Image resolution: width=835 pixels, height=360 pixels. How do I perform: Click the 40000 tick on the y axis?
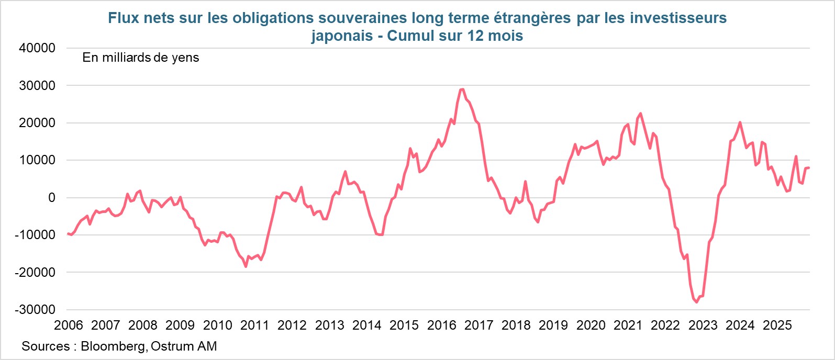click(37, 48)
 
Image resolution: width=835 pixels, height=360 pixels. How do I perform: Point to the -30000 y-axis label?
click(35, 310)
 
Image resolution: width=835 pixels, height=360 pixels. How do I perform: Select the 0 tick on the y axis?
click(51, 198)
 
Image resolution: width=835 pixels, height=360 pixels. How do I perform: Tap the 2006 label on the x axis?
click(69, 325)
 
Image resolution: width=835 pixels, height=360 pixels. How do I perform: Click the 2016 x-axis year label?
click(441, 325)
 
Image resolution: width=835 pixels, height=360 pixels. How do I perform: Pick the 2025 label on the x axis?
click(777, 325)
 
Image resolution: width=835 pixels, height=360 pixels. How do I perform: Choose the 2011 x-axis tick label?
click(254, 325)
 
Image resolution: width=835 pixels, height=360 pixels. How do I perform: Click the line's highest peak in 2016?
click(462, 89)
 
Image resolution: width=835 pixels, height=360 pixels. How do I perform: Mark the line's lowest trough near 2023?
click(696, 302)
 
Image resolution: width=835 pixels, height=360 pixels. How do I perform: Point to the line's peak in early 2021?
click(640, 114)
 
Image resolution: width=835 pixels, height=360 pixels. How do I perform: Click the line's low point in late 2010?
click(246, 266)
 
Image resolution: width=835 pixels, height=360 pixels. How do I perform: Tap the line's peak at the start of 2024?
click(740, 122)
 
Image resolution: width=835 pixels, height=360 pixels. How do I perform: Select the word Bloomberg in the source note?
click(113, 346)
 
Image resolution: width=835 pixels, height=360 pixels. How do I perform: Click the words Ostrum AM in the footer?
click(184, 346)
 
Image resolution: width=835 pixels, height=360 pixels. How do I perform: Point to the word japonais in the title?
click(342, 36)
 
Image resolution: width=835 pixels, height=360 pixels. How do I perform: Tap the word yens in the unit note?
click(185, 58)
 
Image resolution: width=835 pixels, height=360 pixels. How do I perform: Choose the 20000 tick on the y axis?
click(37, 123)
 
